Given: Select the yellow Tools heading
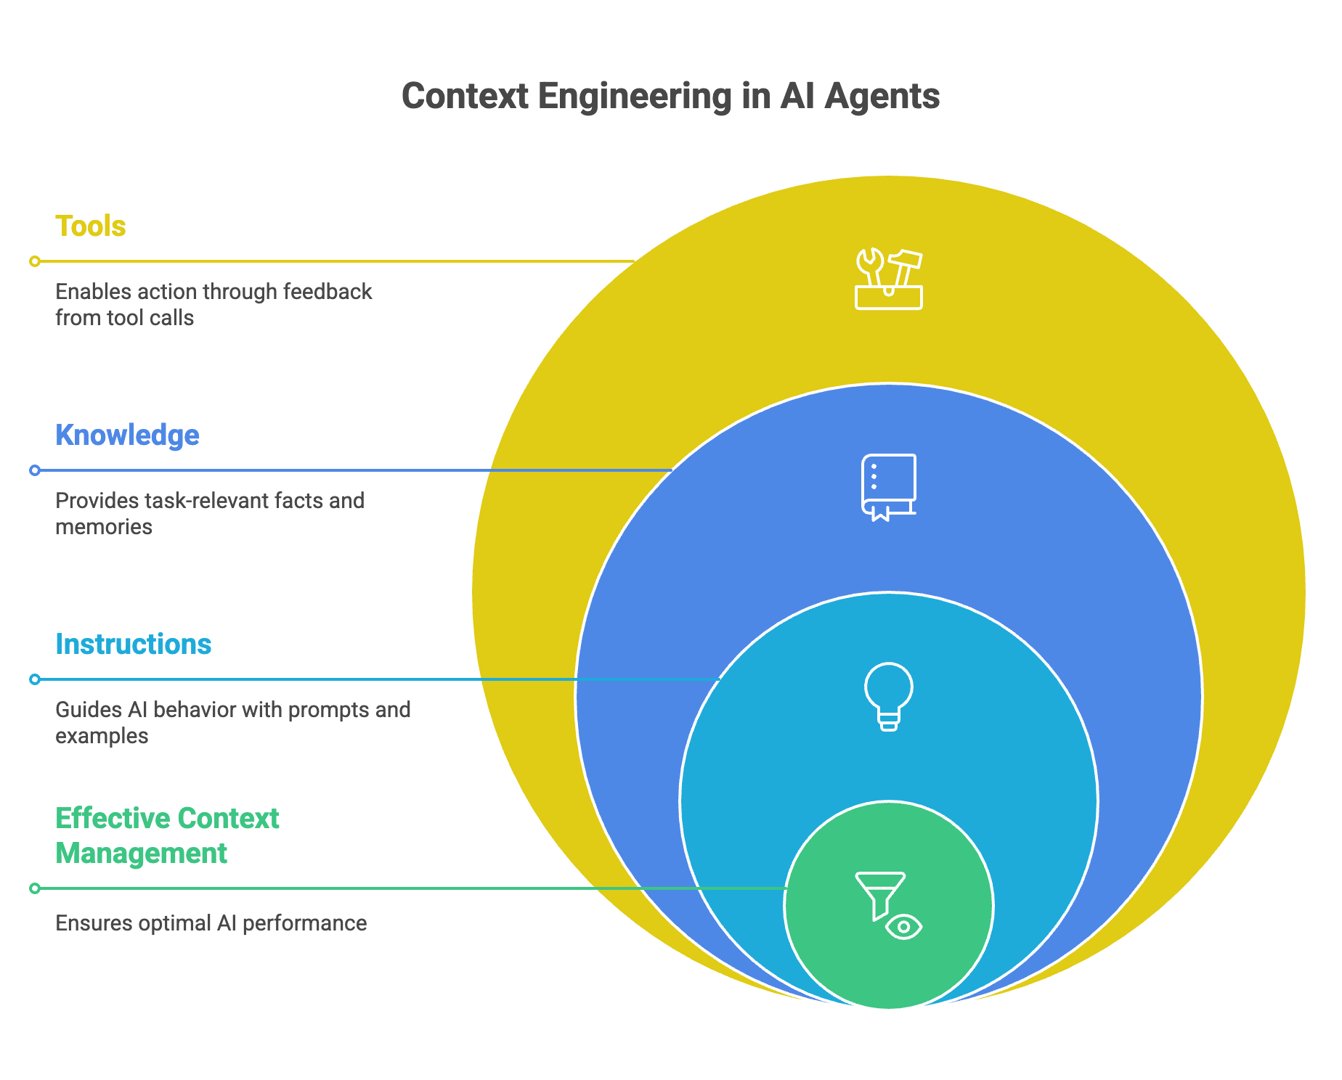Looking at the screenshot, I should [91, 226].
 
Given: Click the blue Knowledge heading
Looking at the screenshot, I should [127, 435].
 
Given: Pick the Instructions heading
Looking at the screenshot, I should [134, 645].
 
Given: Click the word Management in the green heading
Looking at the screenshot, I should [142, 854].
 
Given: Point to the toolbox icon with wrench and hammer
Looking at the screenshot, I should [888, 280].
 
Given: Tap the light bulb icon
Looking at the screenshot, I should [888, 695].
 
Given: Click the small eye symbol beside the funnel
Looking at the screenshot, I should [904, 927].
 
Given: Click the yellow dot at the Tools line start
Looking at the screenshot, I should [35, 261].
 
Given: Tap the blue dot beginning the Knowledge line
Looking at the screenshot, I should [35, 470].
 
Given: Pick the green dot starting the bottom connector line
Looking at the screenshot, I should [35, 888].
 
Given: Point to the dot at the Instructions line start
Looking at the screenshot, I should [35, 679].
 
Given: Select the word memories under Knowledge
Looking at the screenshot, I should [104, 527].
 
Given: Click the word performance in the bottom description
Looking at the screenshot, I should [304, 923].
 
